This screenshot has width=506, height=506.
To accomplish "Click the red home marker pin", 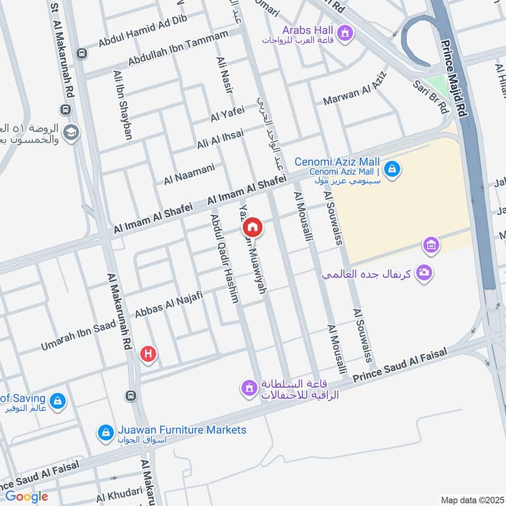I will pos(251,226).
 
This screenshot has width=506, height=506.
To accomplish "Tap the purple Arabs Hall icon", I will pos(345,31).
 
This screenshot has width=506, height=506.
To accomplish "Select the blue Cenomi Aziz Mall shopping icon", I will pos(392,169).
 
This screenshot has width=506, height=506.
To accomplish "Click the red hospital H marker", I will pos(148,354).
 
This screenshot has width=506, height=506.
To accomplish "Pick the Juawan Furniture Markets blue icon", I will pos(105,433).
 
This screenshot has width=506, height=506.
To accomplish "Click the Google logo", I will pos(27,497).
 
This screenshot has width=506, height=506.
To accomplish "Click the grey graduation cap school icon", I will pos(71,132).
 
